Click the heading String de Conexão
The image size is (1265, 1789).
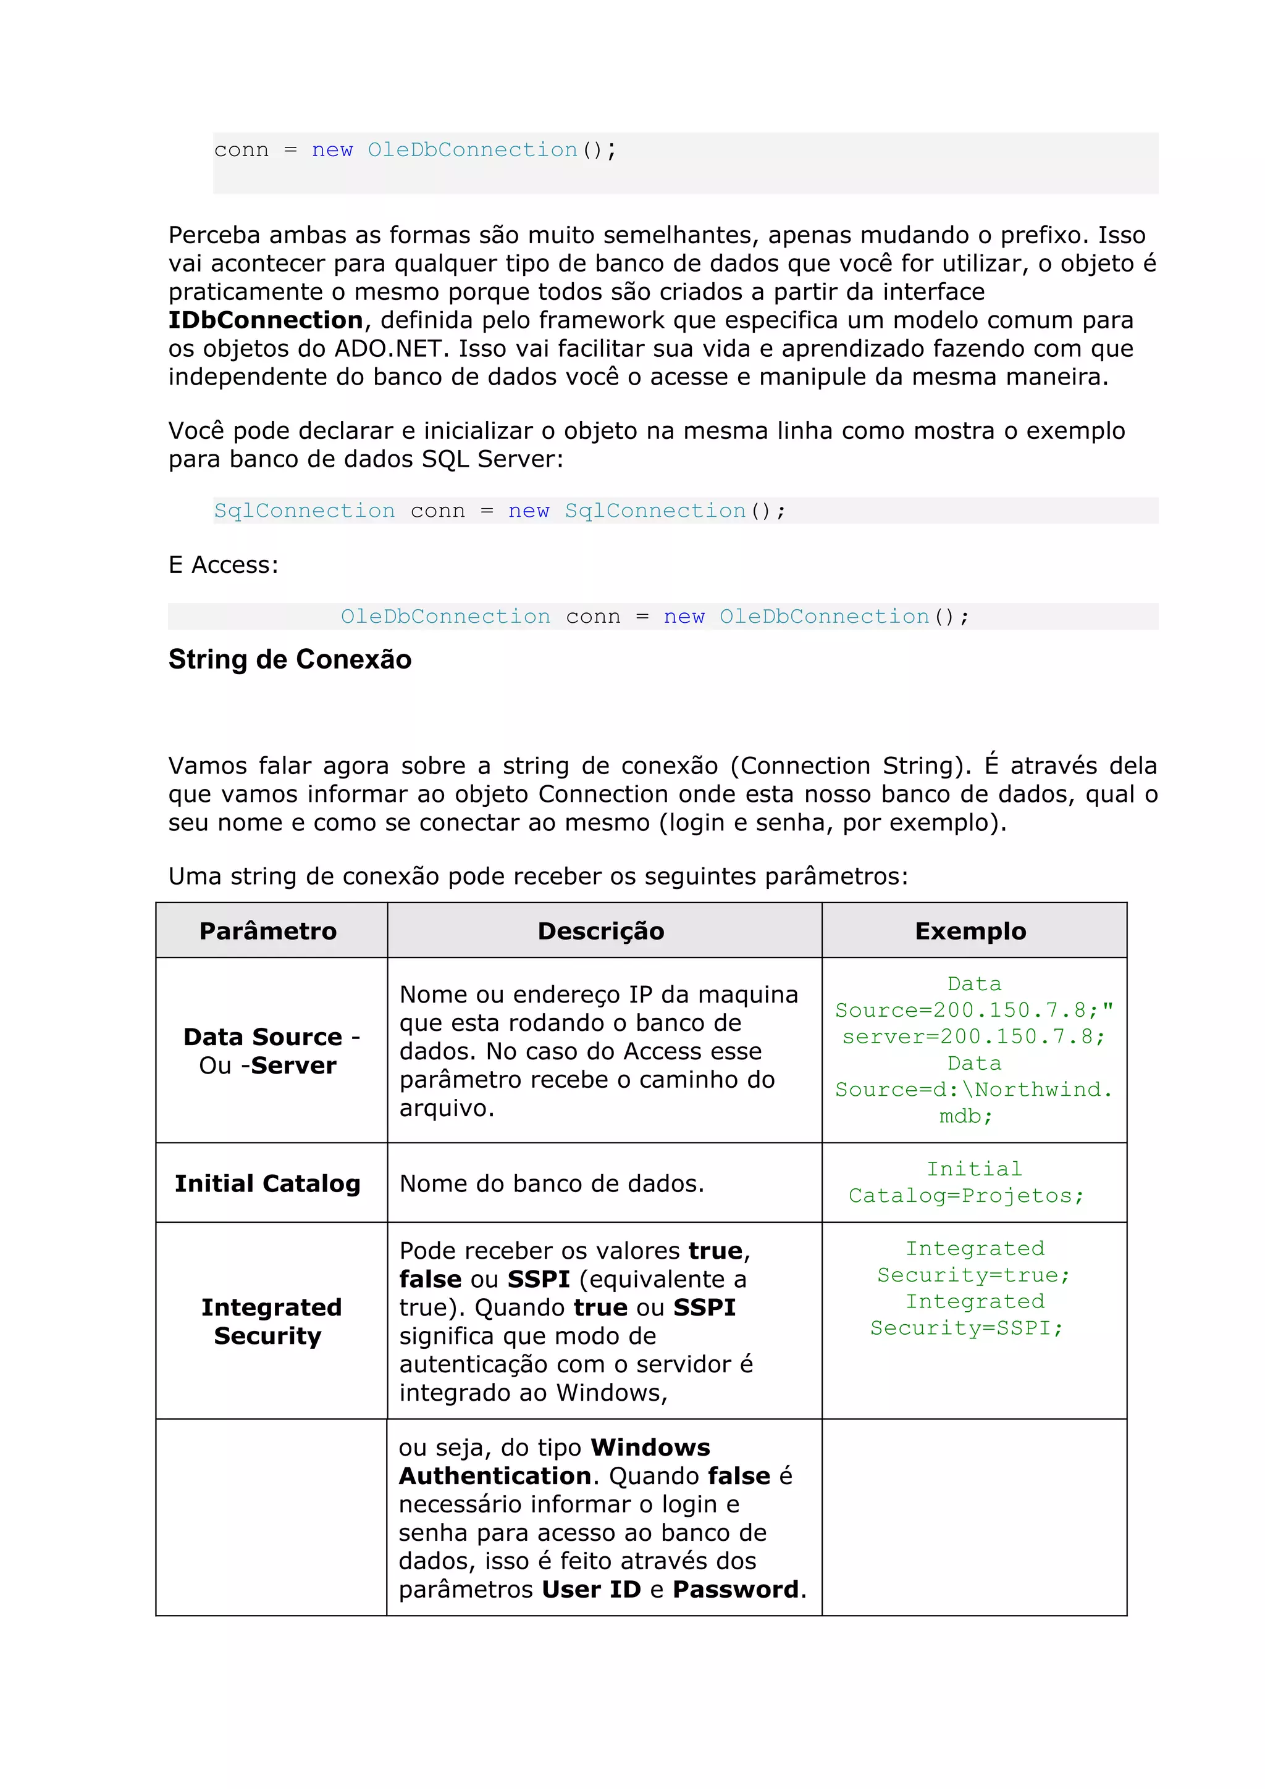[x=289, y=659]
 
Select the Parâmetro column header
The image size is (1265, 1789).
[x=267, y=930]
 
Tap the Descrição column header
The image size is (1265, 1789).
[x=600, y=930]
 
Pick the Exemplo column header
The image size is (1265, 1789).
[x=970, y=930]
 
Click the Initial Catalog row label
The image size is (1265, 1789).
[x=267, y=1183]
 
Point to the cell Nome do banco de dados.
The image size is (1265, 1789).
[x=551, y=1183]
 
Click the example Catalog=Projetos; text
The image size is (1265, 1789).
[x=965, y=1195]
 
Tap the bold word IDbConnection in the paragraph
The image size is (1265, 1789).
[x=266, y=320]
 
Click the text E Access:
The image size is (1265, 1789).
[x=223, y=564]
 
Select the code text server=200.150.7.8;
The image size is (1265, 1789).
[x=973, y=1036]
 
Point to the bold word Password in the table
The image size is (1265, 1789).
[x=735, y=1590]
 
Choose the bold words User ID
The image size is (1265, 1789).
[x=590, y=1590]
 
